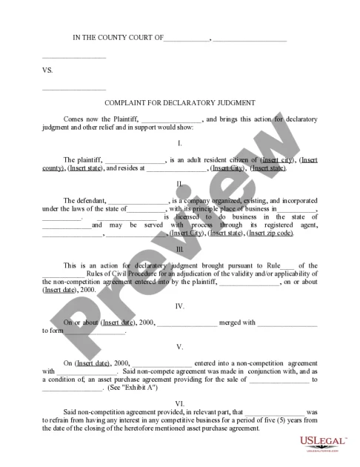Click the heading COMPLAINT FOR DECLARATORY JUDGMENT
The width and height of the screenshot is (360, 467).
pos(180,103)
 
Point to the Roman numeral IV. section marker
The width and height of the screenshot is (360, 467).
pos(180,305)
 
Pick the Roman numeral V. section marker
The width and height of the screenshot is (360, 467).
pos(180,346)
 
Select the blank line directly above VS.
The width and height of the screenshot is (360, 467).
pos(74,57)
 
